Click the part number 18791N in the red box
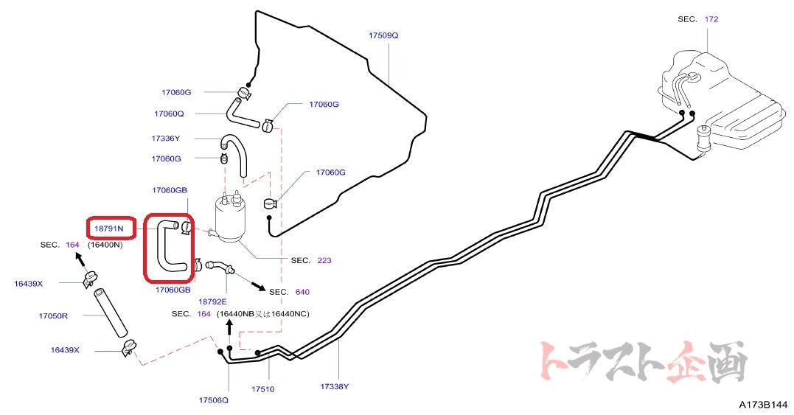pos(109,229)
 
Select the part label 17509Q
pos(383,35)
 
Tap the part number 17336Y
pos(166,138)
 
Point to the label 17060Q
pos(169,114)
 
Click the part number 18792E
pos(212,301)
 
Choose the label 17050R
pos(53,315)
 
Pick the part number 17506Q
pos(213,400)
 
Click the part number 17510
pos(262,388)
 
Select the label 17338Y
pos(335,386)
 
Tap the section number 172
pos(711,19)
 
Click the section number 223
pos(324,260)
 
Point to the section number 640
pos(302,292)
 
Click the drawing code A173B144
pos(764,405)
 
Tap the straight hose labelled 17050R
pos(109,315)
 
